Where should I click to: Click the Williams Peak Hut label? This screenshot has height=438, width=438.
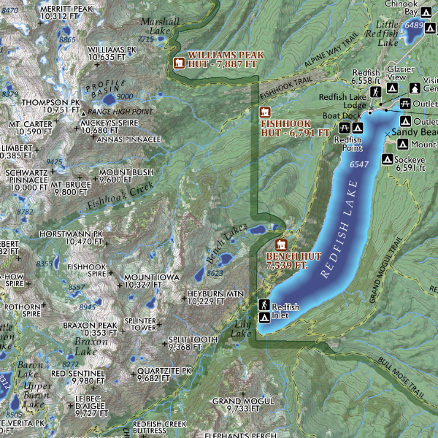point(223,59)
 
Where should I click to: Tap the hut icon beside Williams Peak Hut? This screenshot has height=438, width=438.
point(178,61)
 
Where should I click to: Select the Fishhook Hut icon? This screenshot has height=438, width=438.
point(266,112)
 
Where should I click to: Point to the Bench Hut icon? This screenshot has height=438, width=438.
point(280,245)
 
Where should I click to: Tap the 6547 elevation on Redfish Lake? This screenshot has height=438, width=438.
point(359,165)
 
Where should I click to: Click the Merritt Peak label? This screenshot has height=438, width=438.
point(66,12)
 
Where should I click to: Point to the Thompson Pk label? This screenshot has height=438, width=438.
point(50,106)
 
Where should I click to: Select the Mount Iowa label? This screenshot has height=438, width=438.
point(150,281)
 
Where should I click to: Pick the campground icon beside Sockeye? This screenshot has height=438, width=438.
point(388,158)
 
